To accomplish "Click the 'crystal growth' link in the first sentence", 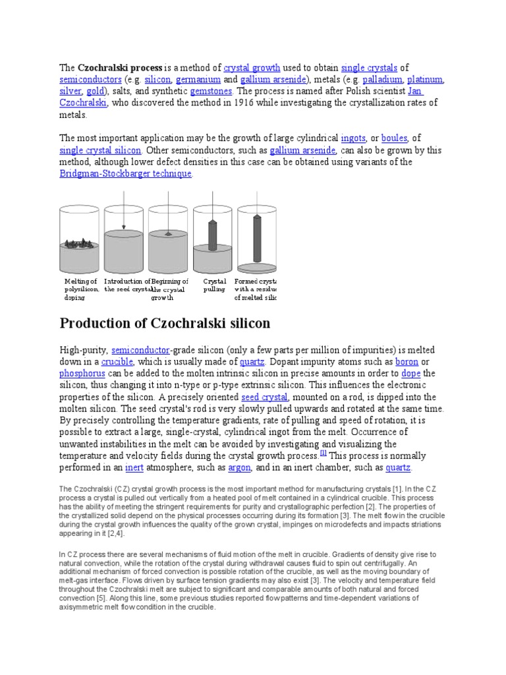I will (x=252, y=67).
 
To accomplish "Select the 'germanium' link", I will (x=199, y=79).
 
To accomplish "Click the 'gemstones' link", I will (x=211, y=91).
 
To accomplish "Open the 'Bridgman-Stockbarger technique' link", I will (x=126, y=173).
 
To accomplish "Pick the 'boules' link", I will (x=394, y=138).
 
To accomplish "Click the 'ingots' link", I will (x=354, y=138).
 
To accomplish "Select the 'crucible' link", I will (x=117, y=362).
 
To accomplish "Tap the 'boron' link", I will (x=406, y=362).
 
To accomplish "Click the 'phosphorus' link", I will (x=82, y=374).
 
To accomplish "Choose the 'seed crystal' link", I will (x=264, y=397).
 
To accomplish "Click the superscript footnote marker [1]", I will (x=323, y=454).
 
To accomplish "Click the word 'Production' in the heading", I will (x=98, y=324).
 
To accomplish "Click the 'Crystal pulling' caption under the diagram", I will (x=214, y=285).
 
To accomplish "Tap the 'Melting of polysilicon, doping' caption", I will (x=81, y=289).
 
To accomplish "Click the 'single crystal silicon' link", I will (x=100, y=150).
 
